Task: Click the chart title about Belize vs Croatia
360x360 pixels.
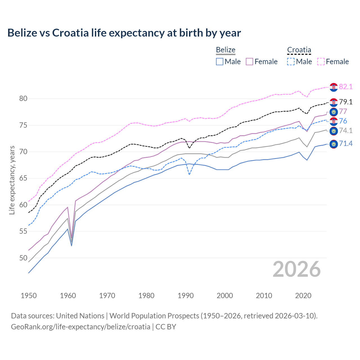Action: point(124,33)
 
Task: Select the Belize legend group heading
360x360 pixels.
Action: point(226,50)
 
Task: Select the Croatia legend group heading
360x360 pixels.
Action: point(299,50)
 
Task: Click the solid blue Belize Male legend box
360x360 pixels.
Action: point(220,62)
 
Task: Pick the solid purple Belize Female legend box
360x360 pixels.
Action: point(249,62)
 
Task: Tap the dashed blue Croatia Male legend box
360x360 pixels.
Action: point(291,62)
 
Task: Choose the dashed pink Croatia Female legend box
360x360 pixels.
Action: point(321,62)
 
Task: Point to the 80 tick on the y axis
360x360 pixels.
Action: point(23,99)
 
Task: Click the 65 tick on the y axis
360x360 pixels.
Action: point(23,178)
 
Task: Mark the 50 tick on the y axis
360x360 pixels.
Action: point(23,258)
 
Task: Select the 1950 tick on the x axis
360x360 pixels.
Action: point(29,296)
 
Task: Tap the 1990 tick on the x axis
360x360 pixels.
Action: point(186,296)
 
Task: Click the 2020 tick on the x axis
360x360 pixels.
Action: point(303,296)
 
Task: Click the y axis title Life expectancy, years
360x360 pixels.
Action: point(12,180)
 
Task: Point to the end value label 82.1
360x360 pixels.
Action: point(346,87)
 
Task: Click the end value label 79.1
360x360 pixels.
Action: point(346,102)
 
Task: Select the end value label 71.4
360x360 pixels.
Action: point(346,144)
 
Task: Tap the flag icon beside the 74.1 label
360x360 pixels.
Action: point(334,131)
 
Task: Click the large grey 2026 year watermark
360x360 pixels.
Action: point(296,269)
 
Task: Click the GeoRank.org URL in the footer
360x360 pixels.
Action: point(80,327)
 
